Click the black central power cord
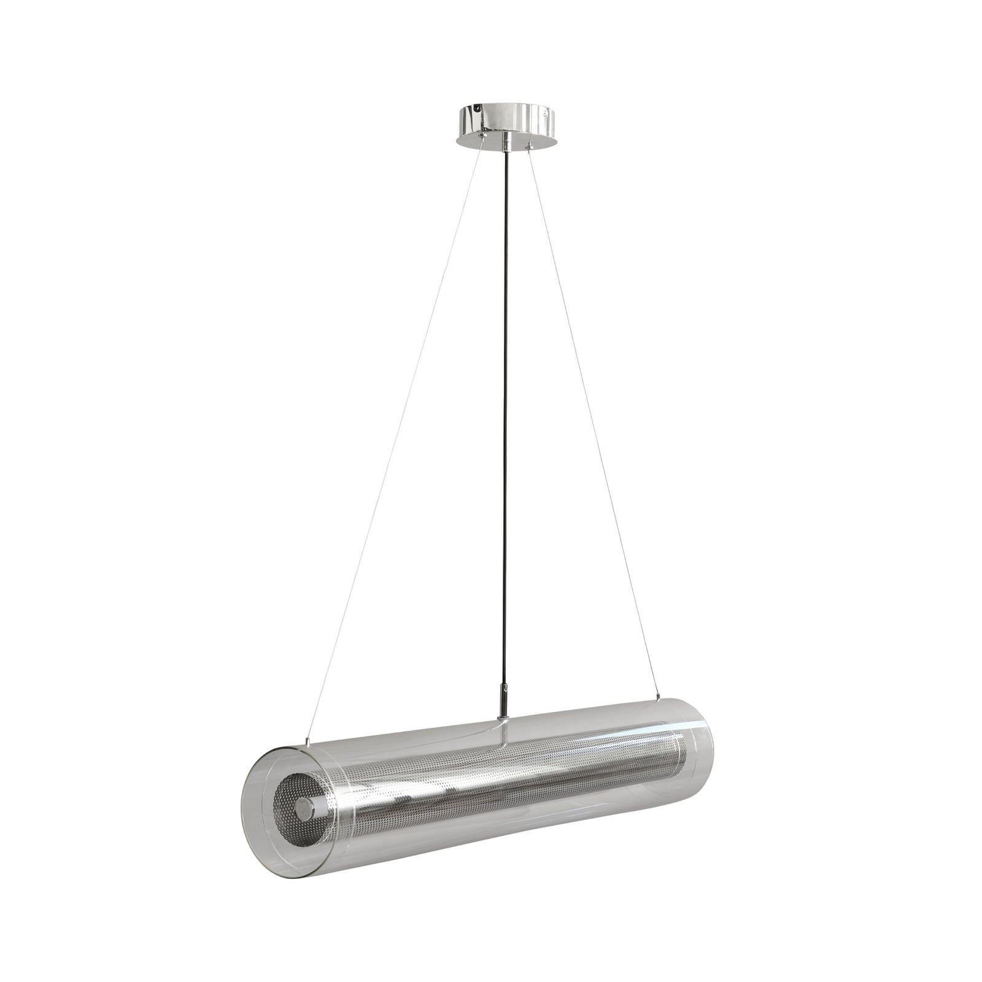point(505,399)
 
